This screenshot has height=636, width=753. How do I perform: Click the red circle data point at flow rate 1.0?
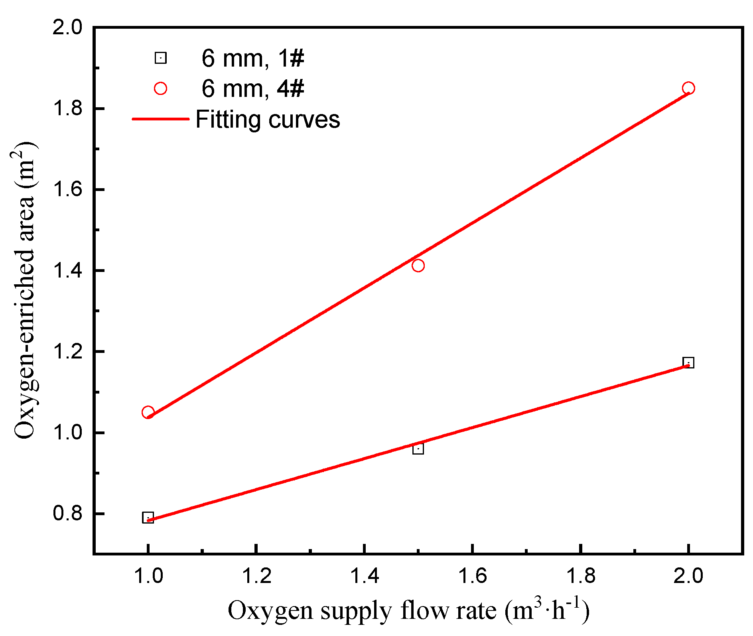pos(148,412)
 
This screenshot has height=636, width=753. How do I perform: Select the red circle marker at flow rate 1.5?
pos(418,266)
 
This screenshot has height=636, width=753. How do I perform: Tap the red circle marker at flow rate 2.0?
pos(688,88)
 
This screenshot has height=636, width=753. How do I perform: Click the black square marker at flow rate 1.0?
pos(148,518)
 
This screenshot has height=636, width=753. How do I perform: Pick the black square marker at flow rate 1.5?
pos(418,449)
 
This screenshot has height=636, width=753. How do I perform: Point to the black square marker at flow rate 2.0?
pos(688,362)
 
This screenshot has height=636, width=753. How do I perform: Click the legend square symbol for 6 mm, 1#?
pos(160,58)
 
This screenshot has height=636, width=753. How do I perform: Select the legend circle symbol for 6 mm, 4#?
pos(160,89)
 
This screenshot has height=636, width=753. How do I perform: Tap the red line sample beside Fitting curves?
pos(160,119)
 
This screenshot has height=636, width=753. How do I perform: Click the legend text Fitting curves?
pos(268,119)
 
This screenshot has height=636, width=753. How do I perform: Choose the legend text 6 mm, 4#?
pos(252,89)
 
